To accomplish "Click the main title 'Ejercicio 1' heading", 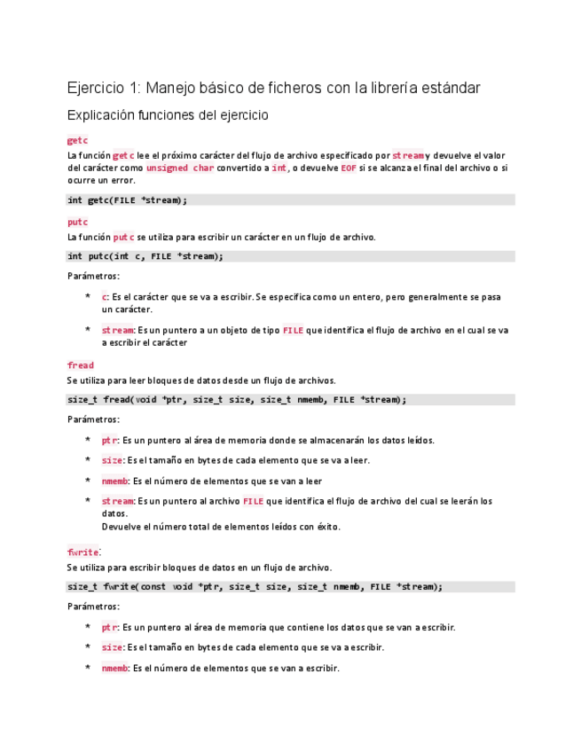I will (274, 88).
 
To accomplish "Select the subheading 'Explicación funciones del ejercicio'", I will (168, 115).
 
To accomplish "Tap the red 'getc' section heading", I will (77, 141).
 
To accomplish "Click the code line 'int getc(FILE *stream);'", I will (128, 200).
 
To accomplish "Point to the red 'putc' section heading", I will (77, 222).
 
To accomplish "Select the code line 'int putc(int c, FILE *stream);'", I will (145, 256).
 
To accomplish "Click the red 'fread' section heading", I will (80, 364).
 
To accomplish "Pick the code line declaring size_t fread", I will (236, 399).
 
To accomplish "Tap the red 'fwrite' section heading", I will (82, 552).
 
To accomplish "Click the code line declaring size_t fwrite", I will (254, 586).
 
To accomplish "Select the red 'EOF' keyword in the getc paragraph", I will (349, 168).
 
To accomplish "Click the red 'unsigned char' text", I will (180, 168).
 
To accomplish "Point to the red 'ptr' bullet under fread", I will (109, 440).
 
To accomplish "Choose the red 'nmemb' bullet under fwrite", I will (115, 668).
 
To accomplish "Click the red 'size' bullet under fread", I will (112, 460).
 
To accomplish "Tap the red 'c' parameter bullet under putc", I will (105, 297).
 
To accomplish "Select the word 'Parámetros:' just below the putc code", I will (93, 276).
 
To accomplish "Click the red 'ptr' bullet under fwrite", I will (109, 627).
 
